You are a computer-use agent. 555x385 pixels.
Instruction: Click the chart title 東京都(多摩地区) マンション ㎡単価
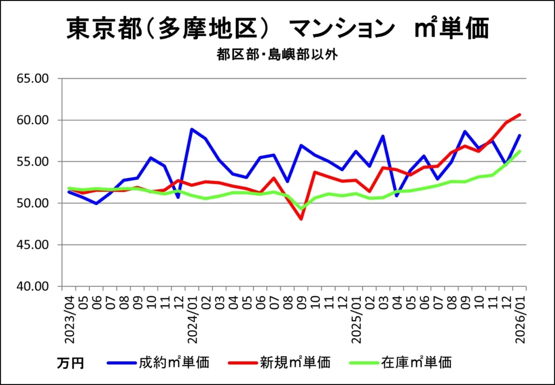[277, 29]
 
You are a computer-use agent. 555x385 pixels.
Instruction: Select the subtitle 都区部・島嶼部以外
[277, 55]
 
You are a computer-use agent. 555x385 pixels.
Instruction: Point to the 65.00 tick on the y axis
[33, 79]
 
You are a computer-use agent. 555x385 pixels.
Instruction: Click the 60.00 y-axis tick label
[33, 120]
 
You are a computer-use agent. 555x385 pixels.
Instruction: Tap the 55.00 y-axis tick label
[33, 162]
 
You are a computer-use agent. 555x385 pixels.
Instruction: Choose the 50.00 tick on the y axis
[33, 203]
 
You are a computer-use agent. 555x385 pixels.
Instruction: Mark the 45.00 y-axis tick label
[33, 245]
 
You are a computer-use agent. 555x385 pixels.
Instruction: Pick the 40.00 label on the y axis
[33, 286]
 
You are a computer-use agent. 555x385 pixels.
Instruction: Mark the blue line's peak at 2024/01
[192, 129]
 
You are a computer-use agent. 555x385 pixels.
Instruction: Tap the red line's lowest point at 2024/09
[301, 219]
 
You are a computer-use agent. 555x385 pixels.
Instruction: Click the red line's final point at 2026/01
[520, 114]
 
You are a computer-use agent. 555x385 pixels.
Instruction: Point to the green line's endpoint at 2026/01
[520, 151]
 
